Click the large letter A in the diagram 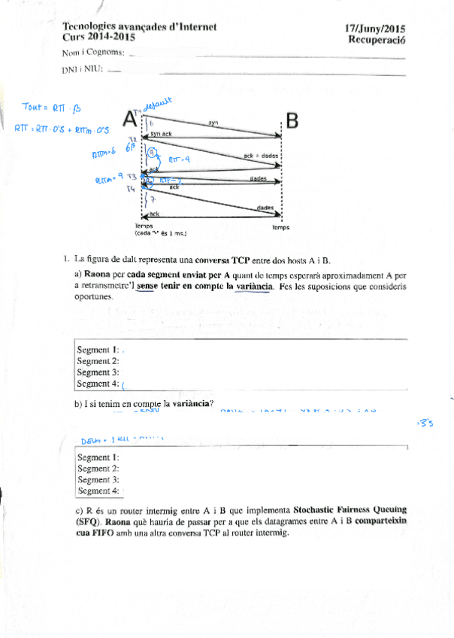129,119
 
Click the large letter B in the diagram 292,120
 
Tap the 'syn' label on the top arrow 213,122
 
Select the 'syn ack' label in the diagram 162,133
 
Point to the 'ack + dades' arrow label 261,155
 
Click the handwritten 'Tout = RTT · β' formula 46,108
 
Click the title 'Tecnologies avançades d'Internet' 140,26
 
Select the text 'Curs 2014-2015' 100,36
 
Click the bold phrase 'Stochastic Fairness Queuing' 350,509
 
